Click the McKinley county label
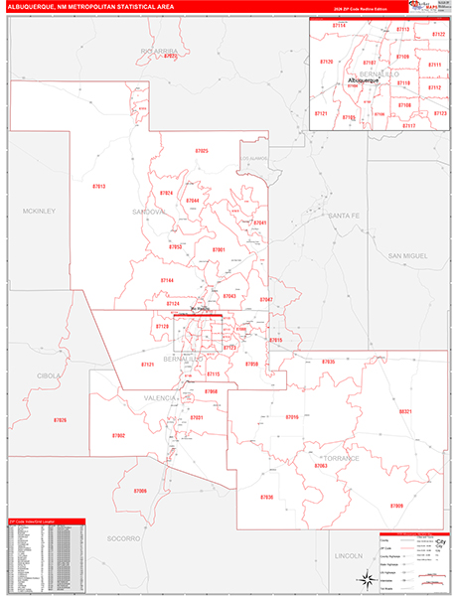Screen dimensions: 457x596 coord(40,211)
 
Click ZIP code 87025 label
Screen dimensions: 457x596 coord(202,150)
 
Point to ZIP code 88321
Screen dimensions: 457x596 coord(404,410)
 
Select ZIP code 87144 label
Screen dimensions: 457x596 coord(167,281)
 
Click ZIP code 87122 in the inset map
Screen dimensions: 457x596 coord(438,34)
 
